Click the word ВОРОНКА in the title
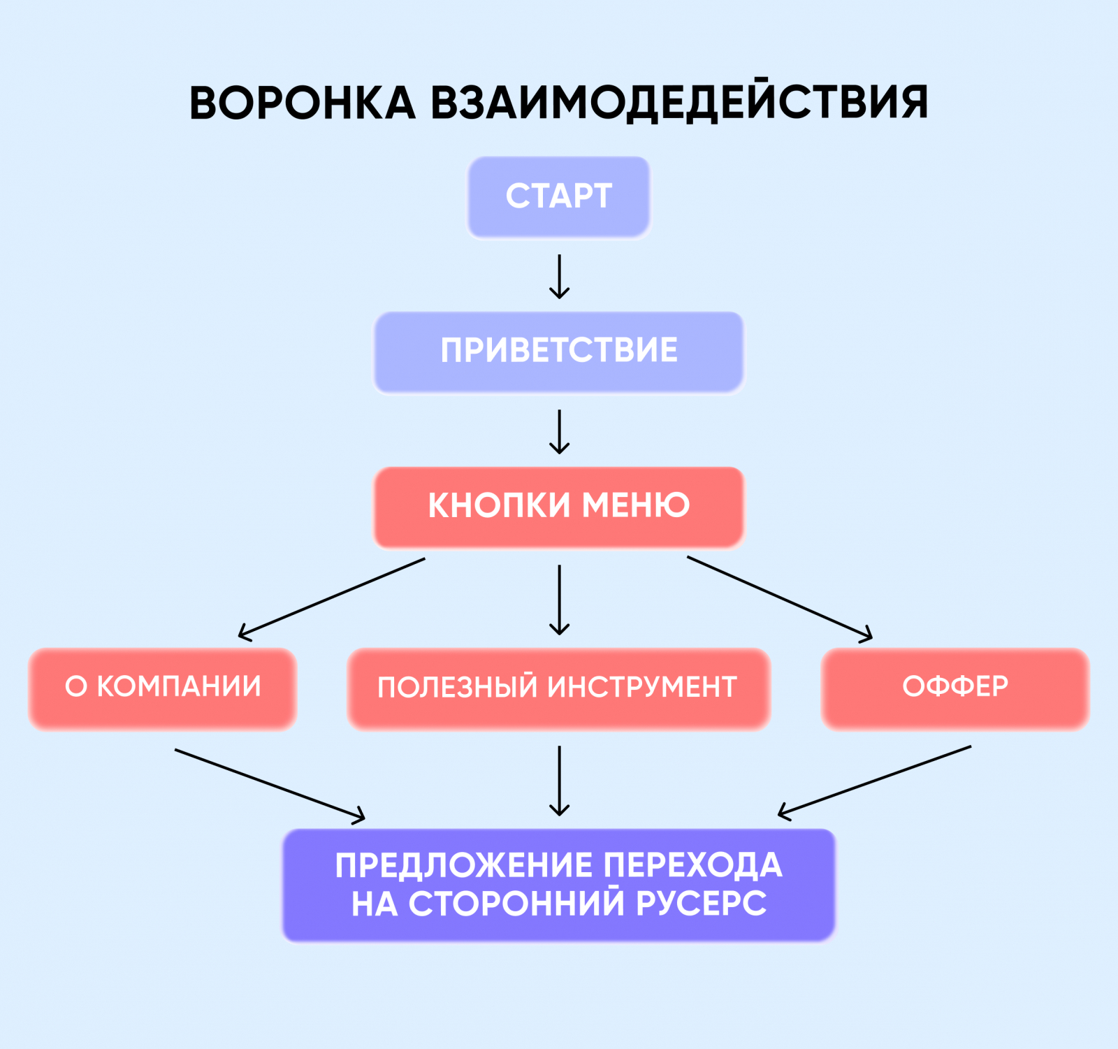pos(303,103)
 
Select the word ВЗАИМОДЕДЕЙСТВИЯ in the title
pos(678,103)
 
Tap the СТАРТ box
pos(559,196)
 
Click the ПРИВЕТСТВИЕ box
pos(559,351)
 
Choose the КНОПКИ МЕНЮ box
pos(559,506)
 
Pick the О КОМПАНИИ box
pos(163,688)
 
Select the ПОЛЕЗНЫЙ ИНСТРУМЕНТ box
pos(558,688)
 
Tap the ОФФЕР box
pos(955,688)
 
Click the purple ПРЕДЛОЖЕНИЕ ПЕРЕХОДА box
pos(559,884)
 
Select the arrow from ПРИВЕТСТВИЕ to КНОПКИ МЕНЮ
pos(559,431)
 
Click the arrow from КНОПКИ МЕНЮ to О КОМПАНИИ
pos(332,598)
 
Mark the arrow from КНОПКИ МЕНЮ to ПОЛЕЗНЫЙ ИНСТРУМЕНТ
pos(559,599)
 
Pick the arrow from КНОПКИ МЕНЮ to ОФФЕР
pos(779,598)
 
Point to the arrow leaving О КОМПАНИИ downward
pos(269,784)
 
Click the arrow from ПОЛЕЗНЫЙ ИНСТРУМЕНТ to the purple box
pos(559,780)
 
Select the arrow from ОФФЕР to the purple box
pos(875,781)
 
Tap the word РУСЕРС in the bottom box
pos(701,903)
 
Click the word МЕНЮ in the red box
pos(636,505)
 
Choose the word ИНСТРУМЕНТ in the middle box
pos(641,688)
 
